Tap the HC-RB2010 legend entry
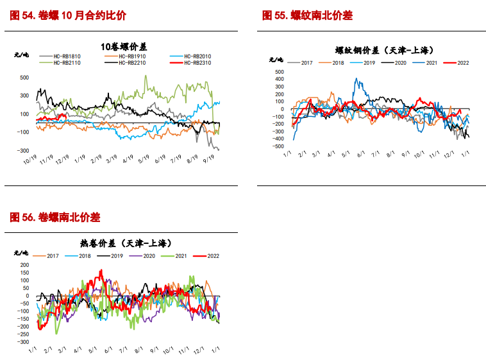coord(196,56)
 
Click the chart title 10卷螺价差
coord(124,46)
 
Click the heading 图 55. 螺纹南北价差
coord(307,16)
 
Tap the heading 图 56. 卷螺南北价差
coord(55,218)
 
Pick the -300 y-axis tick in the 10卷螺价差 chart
coord(21,150)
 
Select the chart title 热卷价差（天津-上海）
coord(126,243)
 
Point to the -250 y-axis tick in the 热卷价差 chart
coord(24,334)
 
